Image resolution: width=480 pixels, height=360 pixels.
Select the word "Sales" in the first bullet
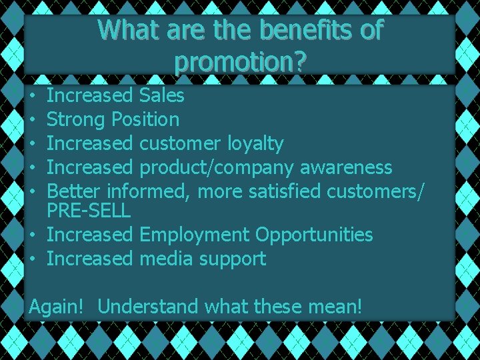[x=162, y=95]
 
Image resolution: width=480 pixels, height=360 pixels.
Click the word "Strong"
[x=77, y=120]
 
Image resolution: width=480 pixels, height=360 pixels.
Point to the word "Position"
[x=145, y=120]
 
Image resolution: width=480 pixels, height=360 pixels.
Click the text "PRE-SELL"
[x=89, y=211]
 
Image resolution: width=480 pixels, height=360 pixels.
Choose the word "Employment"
[x=195, y=235]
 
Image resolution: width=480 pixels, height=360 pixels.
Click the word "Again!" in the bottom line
[x=57, y=307]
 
